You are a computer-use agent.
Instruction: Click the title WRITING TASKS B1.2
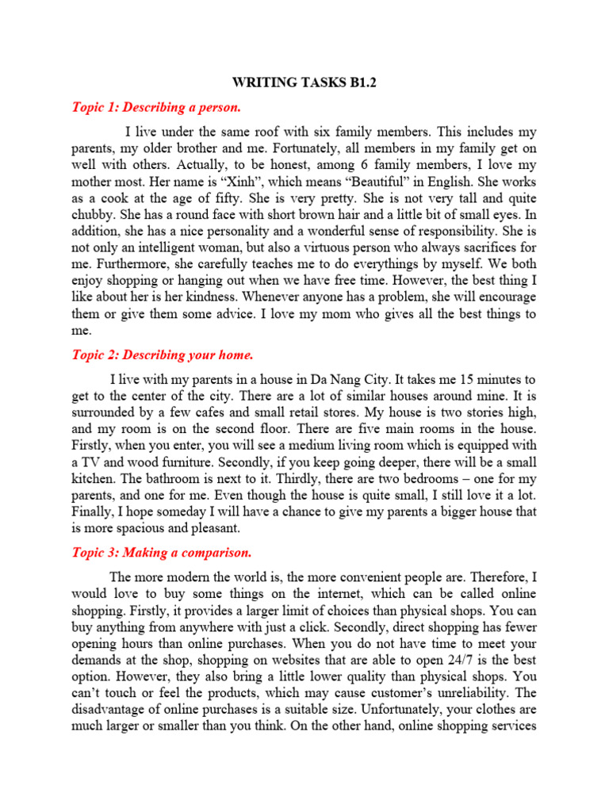click(304, 82)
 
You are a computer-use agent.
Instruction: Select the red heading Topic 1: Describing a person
click(156, 107)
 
